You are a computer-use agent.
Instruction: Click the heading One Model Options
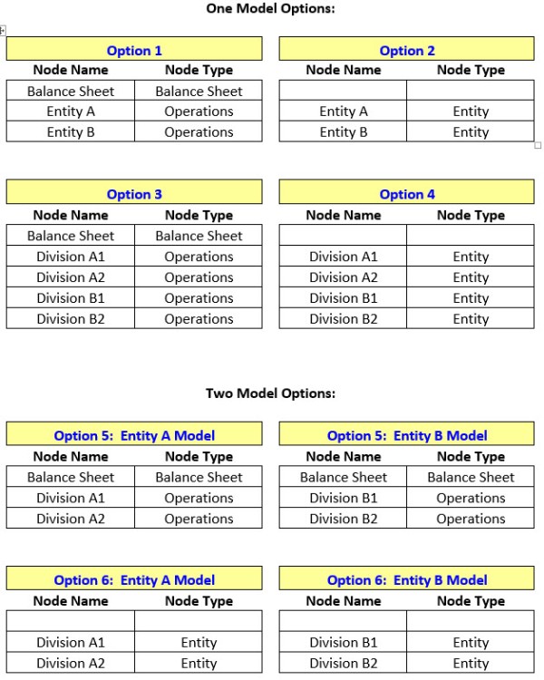pos(271,8)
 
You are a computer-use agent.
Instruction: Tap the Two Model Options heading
pos(271,393)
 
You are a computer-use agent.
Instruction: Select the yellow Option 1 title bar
pos(134,51)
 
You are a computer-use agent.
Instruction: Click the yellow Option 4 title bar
pos(407,194)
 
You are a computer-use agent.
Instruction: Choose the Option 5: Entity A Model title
pos(134,435)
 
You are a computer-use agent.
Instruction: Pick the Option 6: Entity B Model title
pos(407,580)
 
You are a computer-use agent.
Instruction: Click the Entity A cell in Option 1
pos(71,112)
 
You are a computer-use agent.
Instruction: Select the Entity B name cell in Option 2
pos(344,132)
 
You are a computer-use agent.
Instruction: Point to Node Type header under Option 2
pos(471,70)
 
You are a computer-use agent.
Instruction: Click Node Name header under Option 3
pos(71,215)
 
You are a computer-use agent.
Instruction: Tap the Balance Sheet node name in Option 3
pos(71,236)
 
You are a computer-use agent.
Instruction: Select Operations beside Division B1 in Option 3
pos(199,298)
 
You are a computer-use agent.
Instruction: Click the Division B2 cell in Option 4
pos(344,319)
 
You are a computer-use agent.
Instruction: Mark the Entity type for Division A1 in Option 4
pos(471,257)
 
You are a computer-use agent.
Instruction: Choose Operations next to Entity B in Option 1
pos(199,132)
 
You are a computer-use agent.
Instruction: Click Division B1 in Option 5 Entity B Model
pos(344,498)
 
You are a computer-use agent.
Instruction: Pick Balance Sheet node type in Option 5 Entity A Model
pos(199,477)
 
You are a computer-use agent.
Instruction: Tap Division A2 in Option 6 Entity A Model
pos(71,663)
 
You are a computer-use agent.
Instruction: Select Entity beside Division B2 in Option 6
pos(471,663)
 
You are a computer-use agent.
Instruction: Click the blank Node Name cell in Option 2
pos(344,91)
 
